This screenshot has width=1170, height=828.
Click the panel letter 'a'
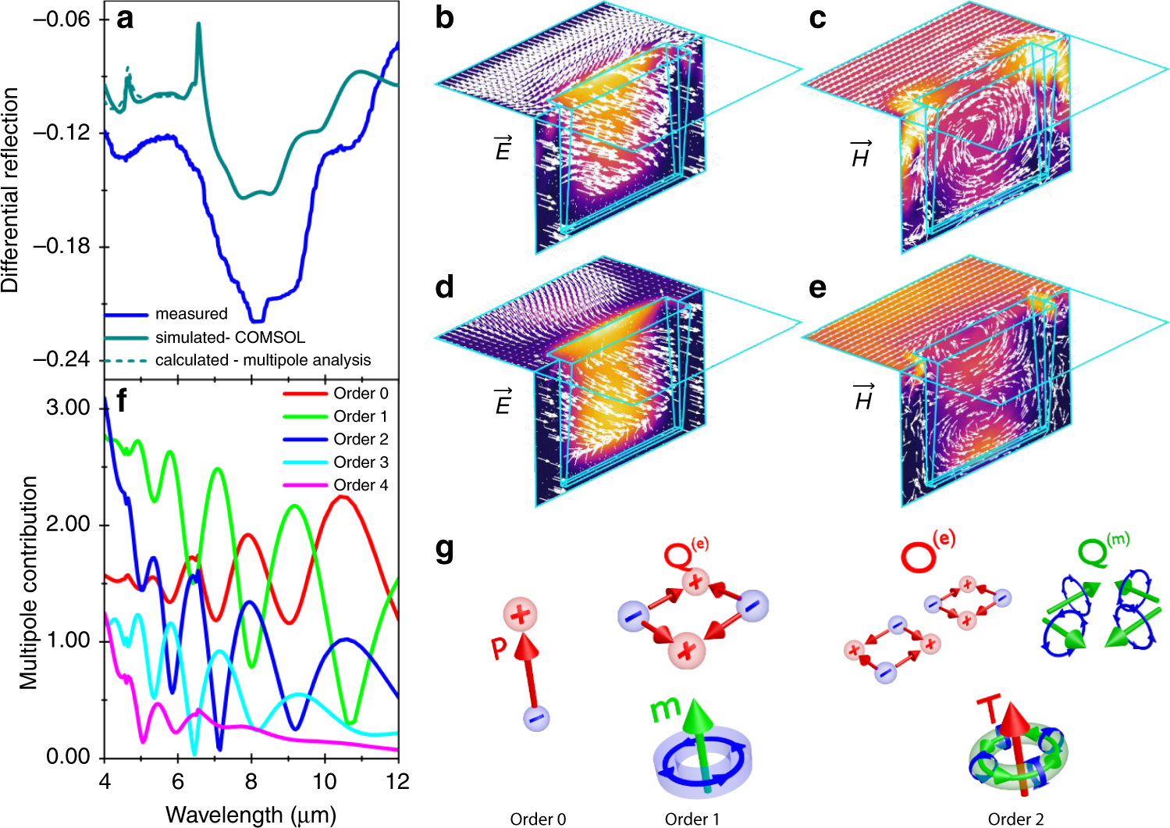pyautogui.click(x=124, y=18)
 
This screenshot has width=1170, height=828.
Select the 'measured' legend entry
pyautogui.click(x=190, y=314)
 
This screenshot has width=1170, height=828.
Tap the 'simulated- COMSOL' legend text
pyautogui.click(x=229, y=337)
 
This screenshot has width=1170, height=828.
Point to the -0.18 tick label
pyautogui.click(x=61, y=246)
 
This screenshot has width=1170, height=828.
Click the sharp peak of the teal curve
pyautogui.click(x=198, y=26)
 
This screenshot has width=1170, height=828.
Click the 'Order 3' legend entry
pyautogui.click(x=360, y=462)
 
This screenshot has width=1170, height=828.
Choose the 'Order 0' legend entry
pyautogui.click(x=360, y=394)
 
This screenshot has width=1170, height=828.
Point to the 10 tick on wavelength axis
pyautogui.click(x=325, y=781)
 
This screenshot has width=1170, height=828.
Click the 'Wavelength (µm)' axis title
pyautogui.click(x=251, y=815)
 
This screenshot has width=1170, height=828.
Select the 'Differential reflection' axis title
pyautogui.click(x=10, y=190)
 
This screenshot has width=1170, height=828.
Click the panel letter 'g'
pyautogui.click(x=444, y=551)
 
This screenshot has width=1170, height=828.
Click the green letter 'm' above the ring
pyautogui.click(x=666, y=708)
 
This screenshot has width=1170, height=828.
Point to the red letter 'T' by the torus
pyautogui.click(x=988, y=710)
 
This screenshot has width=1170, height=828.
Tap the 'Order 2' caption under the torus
pyautogui.click(x=1015, y=819)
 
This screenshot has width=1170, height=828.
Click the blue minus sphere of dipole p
pyautogui.click(x=536, y=717)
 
